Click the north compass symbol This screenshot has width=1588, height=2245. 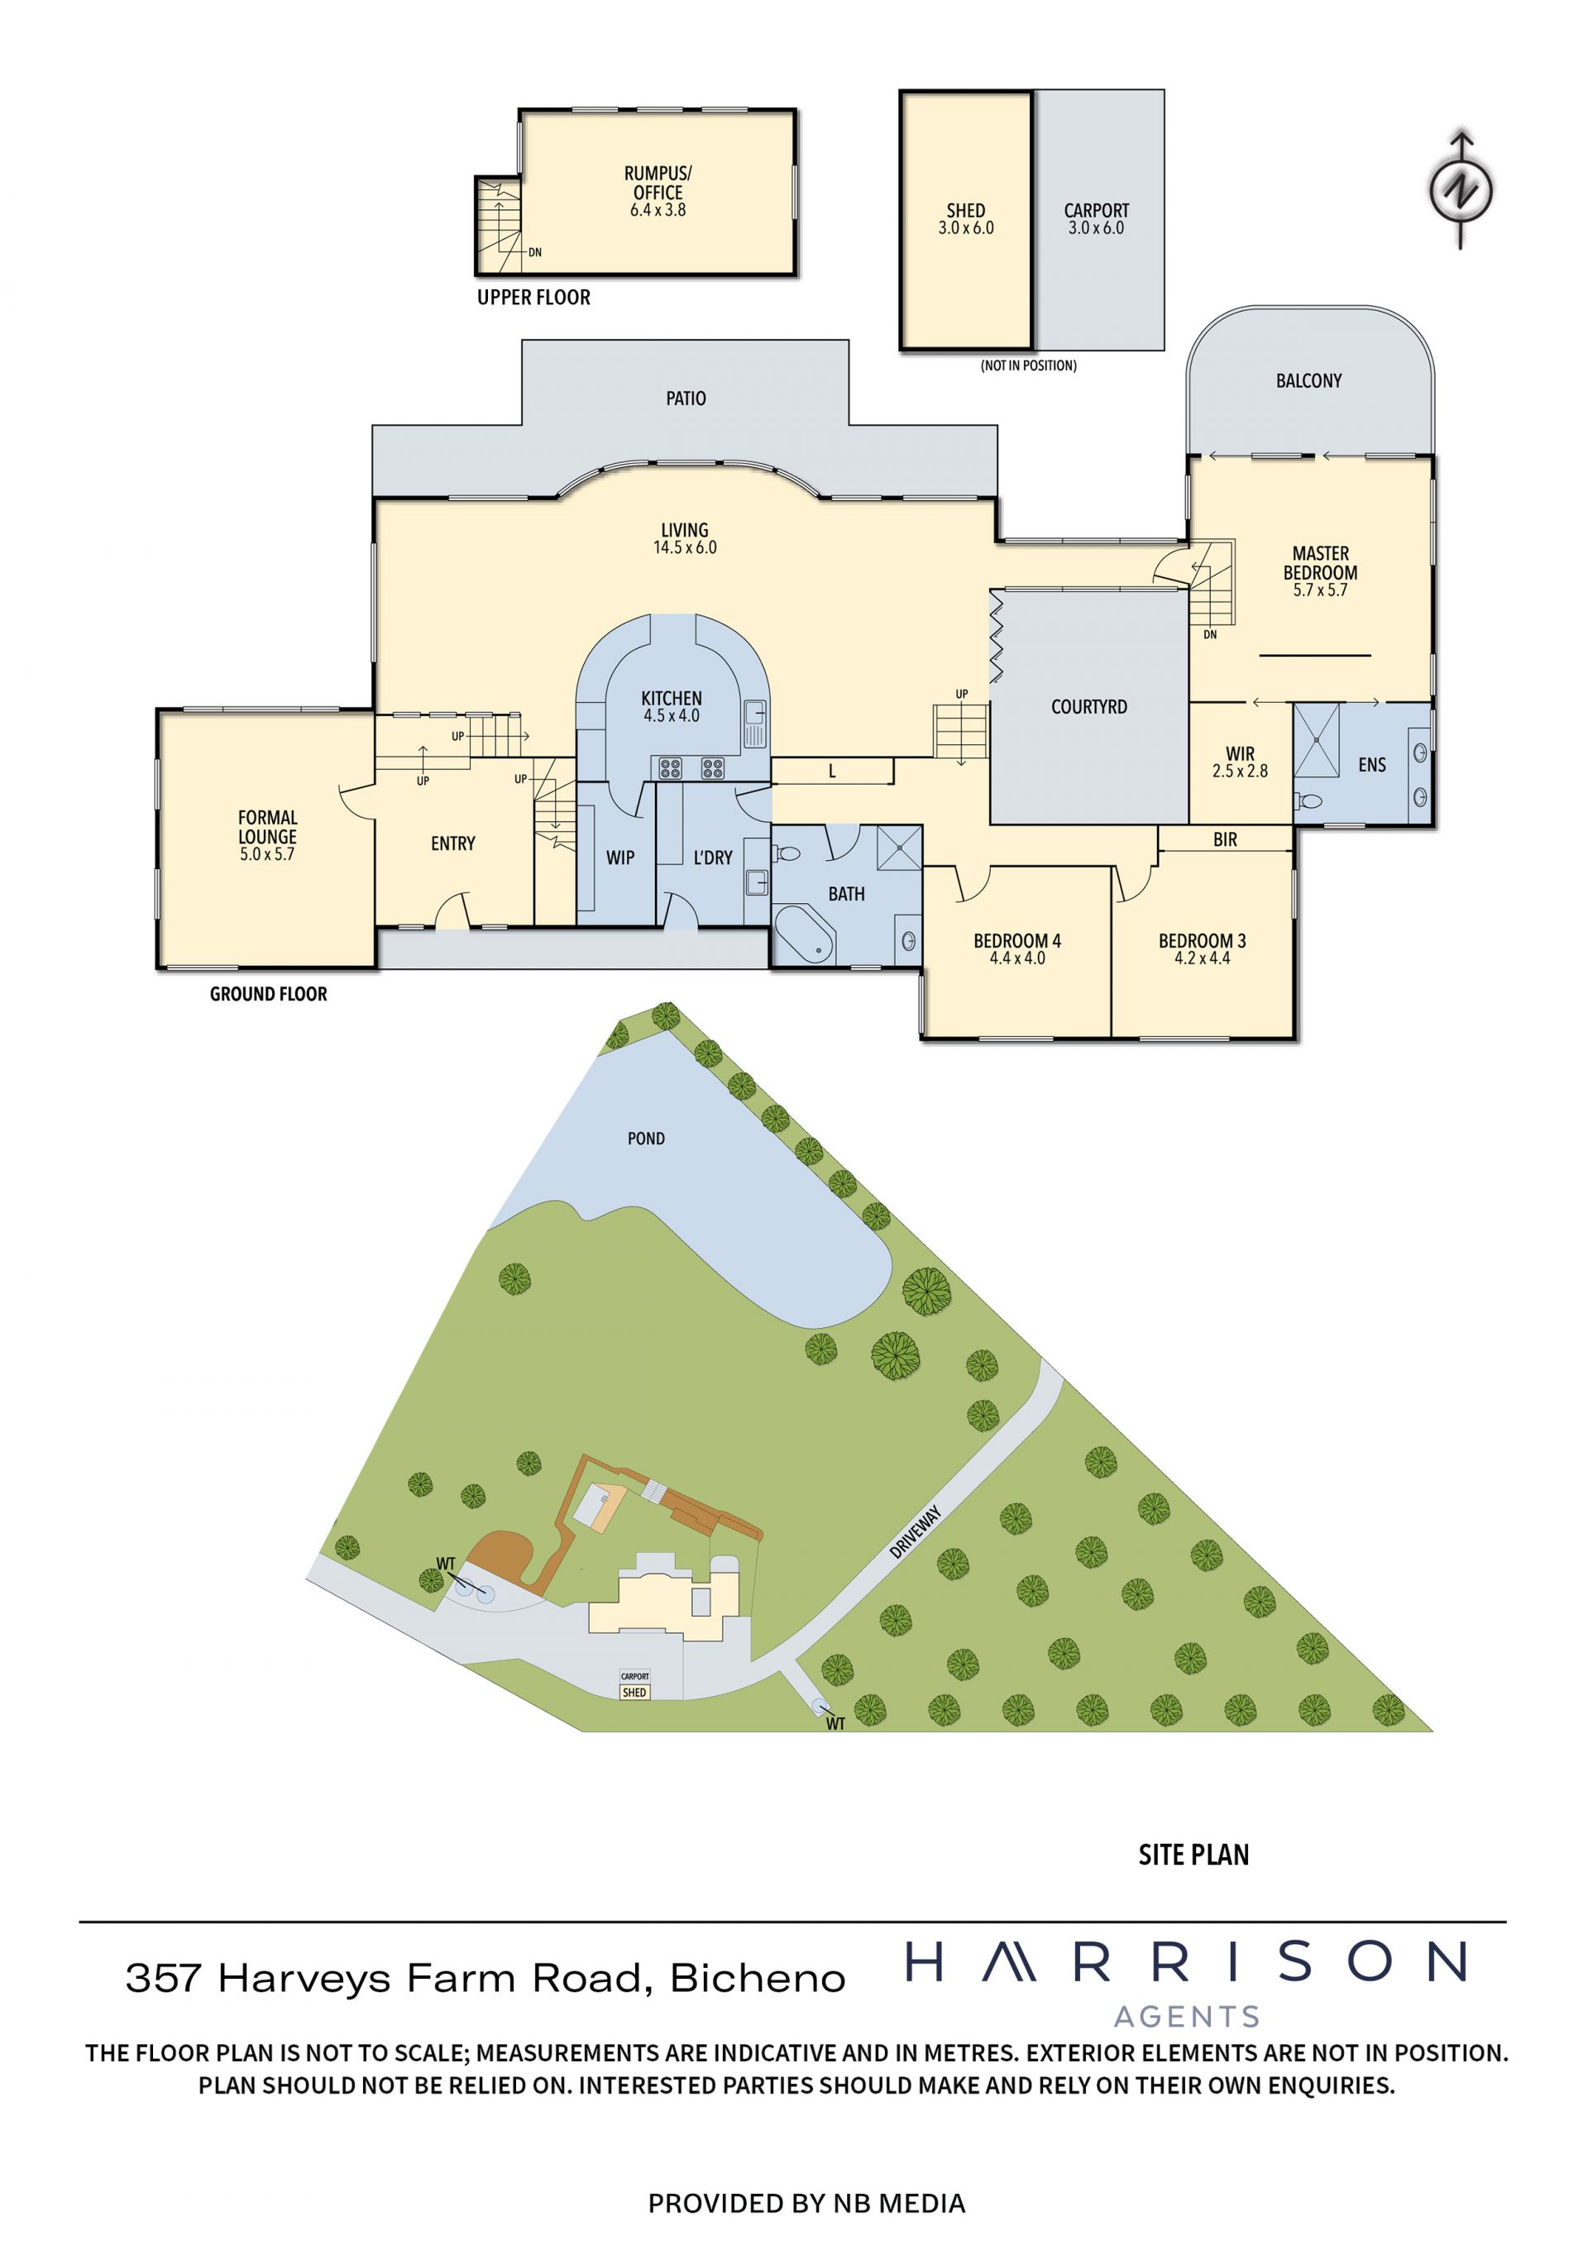click(1461, 189)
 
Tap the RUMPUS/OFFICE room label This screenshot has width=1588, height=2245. click(658, 183)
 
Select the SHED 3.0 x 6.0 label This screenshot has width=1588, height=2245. click(966, 219)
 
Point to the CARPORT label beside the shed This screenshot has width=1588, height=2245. click(1096, 210)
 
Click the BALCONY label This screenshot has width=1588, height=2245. click(1308, 380)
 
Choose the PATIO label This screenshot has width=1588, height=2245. click(686, 398)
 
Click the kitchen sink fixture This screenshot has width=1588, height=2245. click(754, 724)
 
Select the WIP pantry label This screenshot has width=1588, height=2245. click(620, 857)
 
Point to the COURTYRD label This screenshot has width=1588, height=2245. click(1088, 706)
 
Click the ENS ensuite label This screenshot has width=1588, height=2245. click(1372, 765)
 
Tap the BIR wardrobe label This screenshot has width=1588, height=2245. click(1225, 839)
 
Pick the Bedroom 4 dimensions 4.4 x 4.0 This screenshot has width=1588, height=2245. click(1017, 958)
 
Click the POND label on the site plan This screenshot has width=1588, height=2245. click(645, 1138)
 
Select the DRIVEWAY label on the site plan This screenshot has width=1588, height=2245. click(916, 1531)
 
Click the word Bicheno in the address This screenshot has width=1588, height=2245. click(758, 1978)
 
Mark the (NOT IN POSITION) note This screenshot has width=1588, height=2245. click(1028, 365)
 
